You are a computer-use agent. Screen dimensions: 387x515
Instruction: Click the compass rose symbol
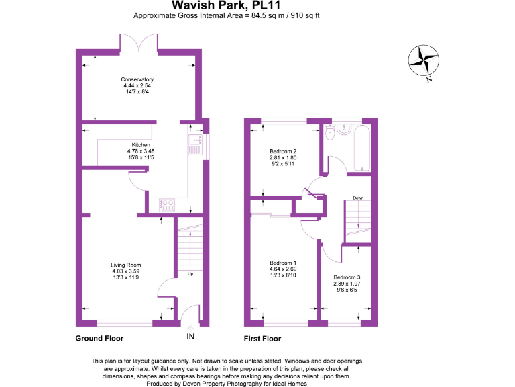[x=424, y=60]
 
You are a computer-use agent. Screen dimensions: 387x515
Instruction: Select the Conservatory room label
[x=137, y=79]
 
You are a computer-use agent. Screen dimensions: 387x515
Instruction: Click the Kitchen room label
[x=140, y=145]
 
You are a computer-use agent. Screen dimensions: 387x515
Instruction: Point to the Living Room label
[x=126, y=265]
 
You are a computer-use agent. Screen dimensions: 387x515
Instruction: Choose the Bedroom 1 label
[x=282, y=263]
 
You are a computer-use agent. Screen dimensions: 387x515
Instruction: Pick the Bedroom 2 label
[x=282, y=151]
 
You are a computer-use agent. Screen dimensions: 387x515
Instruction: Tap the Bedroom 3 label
[x=347, y=277]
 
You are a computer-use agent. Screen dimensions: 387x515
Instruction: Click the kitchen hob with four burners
[x=166, y=206]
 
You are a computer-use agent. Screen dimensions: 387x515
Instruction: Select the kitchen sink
[x=195, y=144]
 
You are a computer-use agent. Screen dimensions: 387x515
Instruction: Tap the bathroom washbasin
[x=344, y=130]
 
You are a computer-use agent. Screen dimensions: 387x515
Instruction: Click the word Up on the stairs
[x=190, y=274]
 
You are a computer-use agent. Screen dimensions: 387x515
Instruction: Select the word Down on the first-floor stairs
[x=358, y=198]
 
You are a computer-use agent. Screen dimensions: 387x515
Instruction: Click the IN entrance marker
[x=190, y=336]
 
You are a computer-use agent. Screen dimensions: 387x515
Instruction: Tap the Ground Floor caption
[x=99, y=339]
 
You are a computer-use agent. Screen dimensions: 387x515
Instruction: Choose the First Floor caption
[x=263, y=339]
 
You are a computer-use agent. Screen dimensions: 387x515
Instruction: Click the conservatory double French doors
[x=139, y=43]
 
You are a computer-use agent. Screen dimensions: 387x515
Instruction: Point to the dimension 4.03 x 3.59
[x=126, y=271]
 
